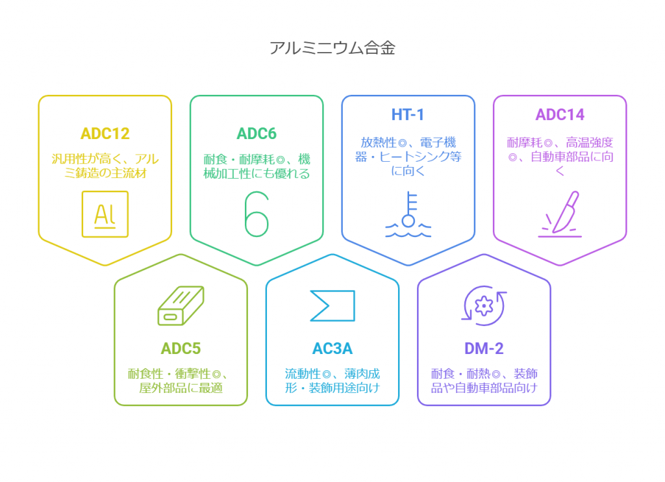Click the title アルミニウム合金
[332, 48]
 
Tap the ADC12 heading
[105, 134]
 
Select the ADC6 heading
[257, 134]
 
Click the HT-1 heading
[408, 114]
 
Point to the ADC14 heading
[560, 114]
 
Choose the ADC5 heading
[181, 348]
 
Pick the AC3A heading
[332, 348]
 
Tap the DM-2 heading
[484, 348]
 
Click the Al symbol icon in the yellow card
[105, 214]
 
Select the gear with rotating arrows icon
[484, 305]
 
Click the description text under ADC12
[105, 166]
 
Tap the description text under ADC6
[257, 166]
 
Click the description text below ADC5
[181, 381]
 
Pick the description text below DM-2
[484, 381]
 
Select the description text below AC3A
[332, 381]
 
